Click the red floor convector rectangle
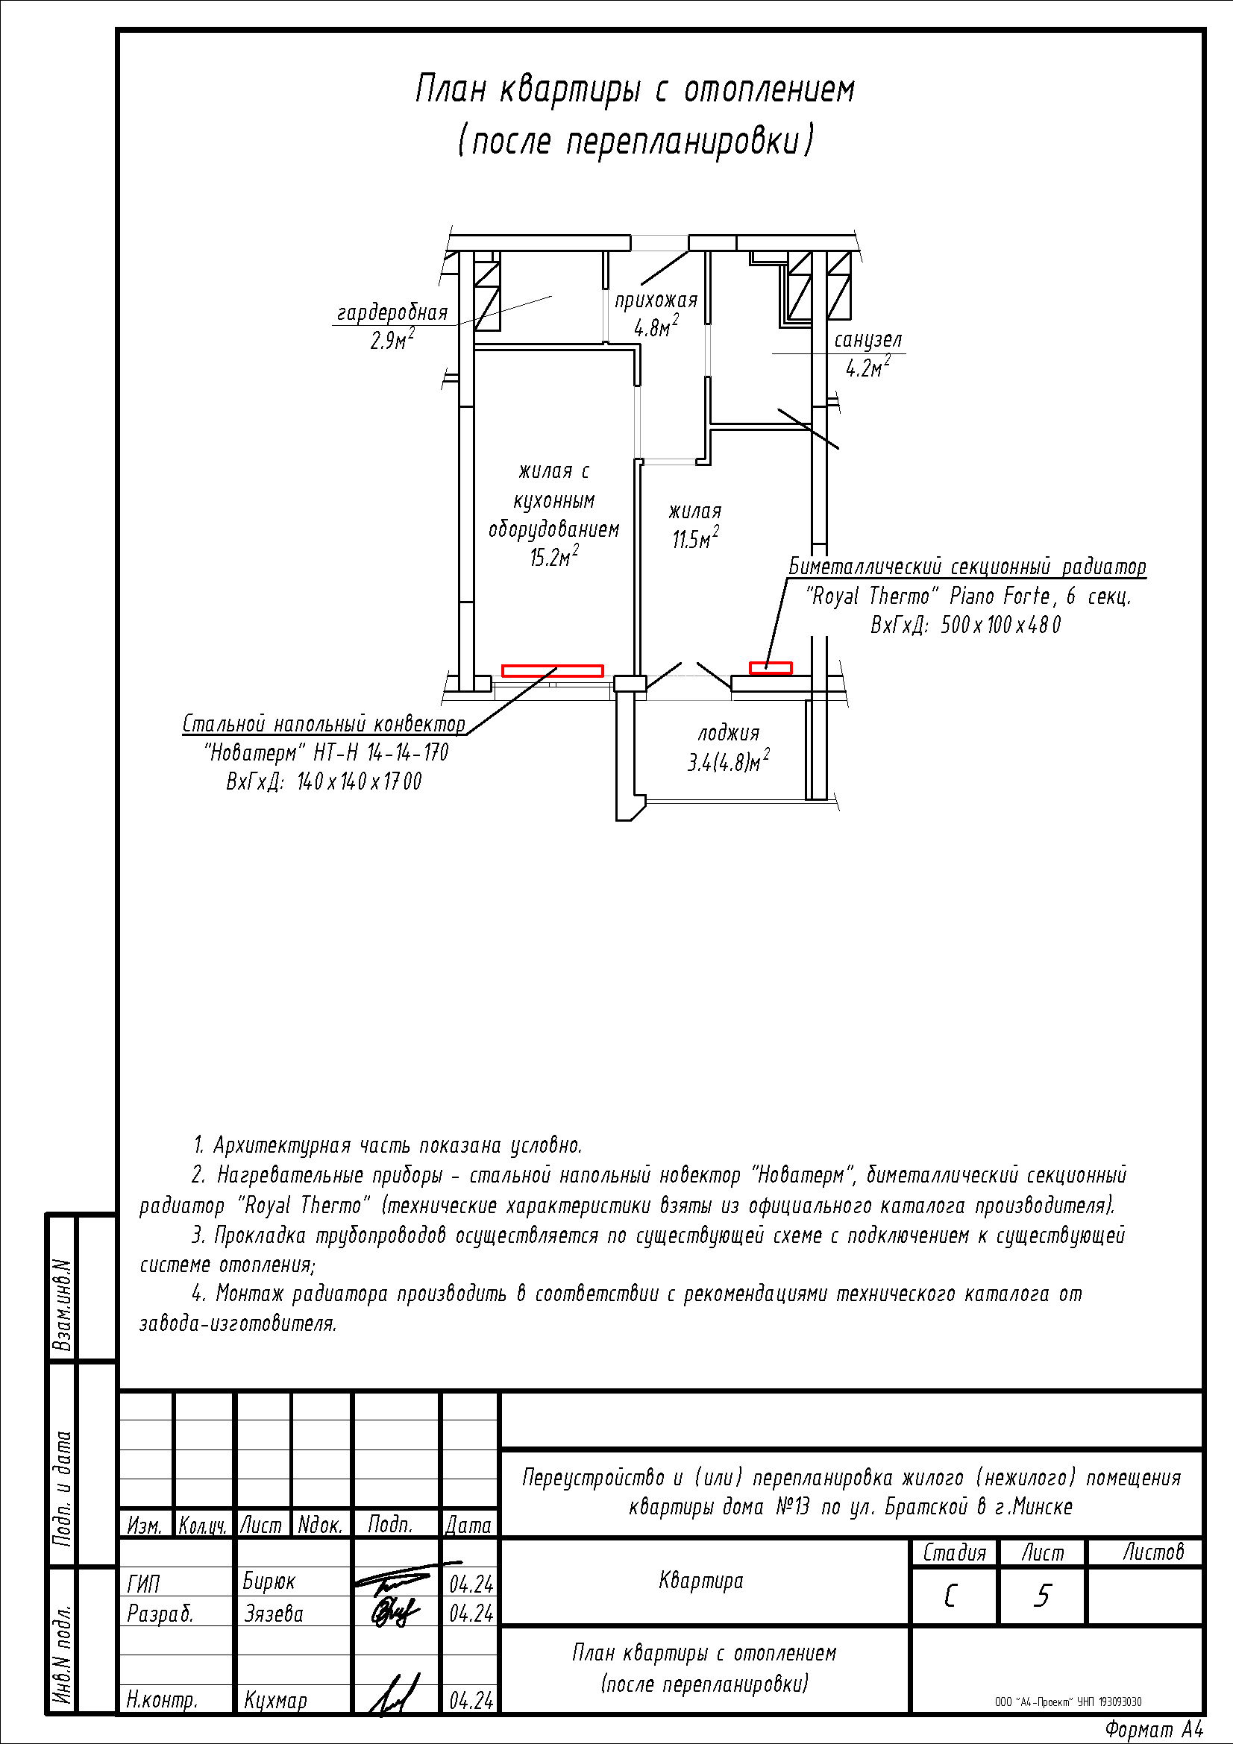pos(552,671)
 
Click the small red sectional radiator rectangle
pos(771,668)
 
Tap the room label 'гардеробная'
pos(392,313)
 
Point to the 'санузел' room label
pos(868,339)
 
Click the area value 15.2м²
pos(553,558)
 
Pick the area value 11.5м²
pos(695,539)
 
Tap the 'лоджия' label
pos(729,733)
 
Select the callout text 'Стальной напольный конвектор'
pos(324,724)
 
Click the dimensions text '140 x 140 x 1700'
pos(359,781)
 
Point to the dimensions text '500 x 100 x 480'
pos(1000,625)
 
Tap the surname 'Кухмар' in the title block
pos(276,1700)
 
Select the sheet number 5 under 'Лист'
pos(1042,1596)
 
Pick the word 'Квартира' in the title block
pos(701,1581)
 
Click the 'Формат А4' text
pos(1154,1730)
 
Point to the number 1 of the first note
pos(199,1145)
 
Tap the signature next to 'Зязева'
pos(395,1612)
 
